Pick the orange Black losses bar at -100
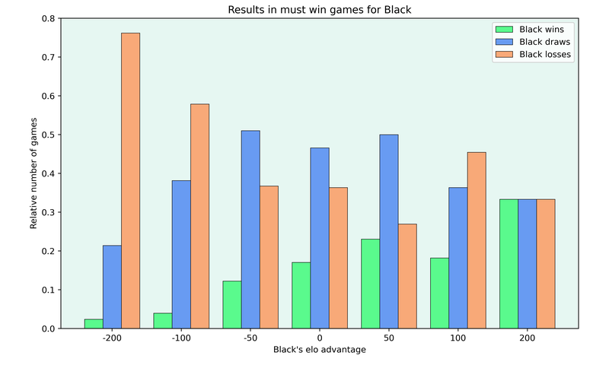coord(199,216)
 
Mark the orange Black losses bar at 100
coord(477,240)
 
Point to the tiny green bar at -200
coord(94,324)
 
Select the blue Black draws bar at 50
coord(389,231)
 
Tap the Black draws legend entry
coord(533,42)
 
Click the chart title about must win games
coord(319,10)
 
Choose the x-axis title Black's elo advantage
coord(319,350)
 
